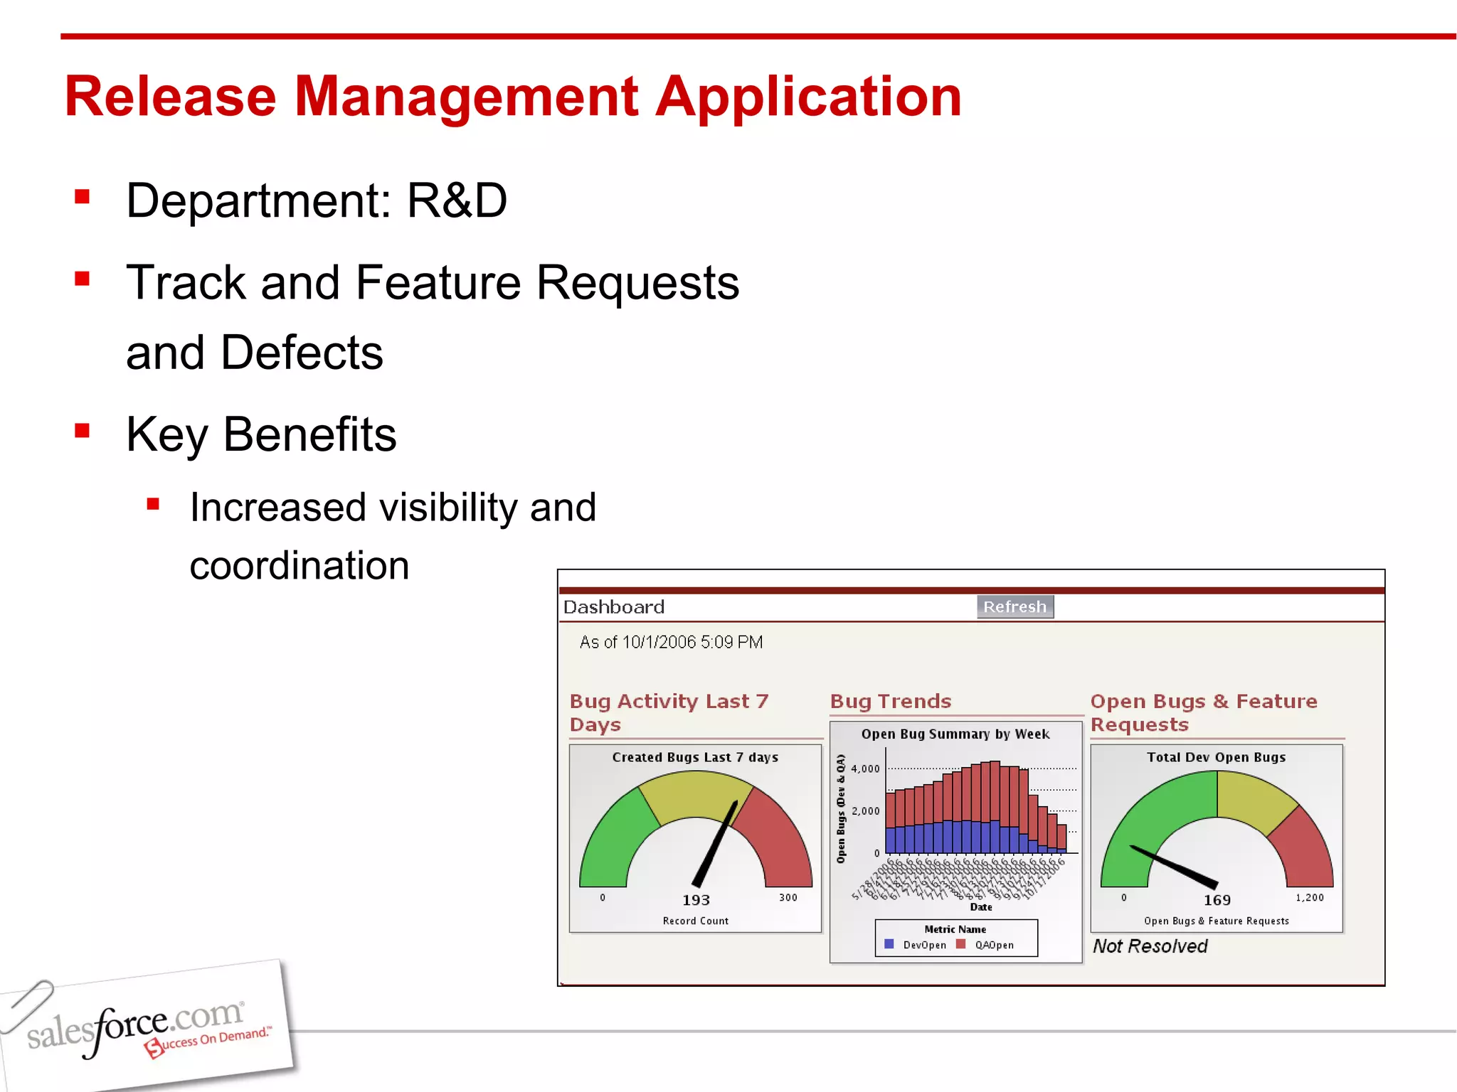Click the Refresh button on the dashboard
(x=1014, y=606)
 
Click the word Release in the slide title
(x=170, y=97)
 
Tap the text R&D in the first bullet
(x=456, y=200)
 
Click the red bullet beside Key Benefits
(x=83, y=431)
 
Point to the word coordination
(x=300, y=565)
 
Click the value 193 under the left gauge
(x=696, y=900)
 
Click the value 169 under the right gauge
(x=1217, y=900)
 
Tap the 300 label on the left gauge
(x=788, y=897)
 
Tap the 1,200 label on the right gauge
(x=1310, y=897)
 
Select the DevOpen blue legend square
(x=889, y=944)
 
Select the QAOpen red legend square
(x=961, y=944)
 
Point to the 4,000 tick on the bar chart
(x=865, y=769)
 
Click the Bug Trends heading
(x=891, y=702)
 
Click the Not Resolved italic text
(x=1150, y=946)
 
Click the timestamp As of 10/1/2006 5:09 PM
(x=671, y=642)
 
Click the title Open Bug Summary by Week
(x=955, y=734)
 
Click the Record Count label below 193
(x=695, y=921)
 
